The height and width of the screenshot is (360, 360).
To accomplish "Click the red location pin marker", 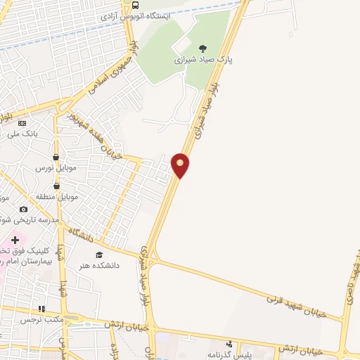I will pos(181,165).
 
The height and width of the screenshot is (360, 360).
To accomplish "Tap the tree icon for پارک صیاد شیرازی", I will pos(203,49).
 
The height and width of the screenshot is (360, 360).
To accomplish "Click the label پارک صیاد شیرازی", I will pos(204,60).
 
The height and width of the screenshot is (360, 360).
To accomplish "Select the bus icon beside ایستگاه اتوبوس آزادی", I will pos(136,4).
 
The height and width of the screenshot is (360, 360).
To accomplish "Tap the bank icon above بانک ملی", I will pos(22,123).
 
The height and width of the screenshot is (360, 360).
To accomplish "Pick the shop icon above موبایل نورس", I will pos(56,157).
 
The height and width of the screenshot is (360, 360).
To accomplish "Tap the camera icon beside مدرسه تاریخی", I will pos(24,209).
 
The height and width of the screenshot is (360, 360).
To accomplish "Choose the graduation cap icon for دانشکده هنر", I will pos(99,255).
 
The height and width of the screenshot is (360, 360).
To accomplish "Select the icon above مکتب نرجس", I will pos(41,308).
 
